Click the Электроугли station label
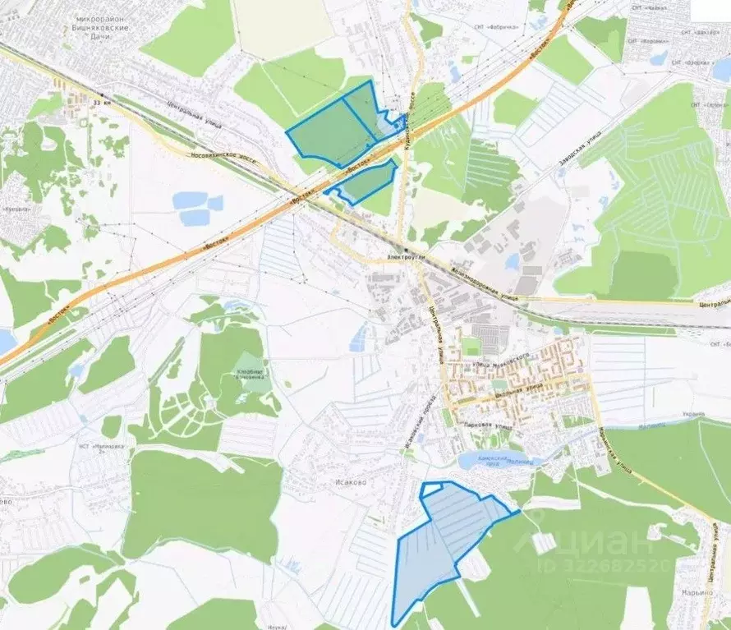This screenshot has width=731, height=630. coord(407,256)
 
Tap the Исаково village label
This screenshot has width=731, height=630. coord(348,482)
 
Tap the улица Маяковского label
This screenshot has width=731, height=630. coord(493,364)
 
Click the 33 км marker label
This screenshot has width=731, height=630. coord(101,103)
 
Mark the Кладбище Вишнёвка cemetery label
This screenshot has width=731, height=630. coord(250,372)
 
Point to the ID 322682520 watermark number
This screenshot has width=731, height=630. coord(604,566)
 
